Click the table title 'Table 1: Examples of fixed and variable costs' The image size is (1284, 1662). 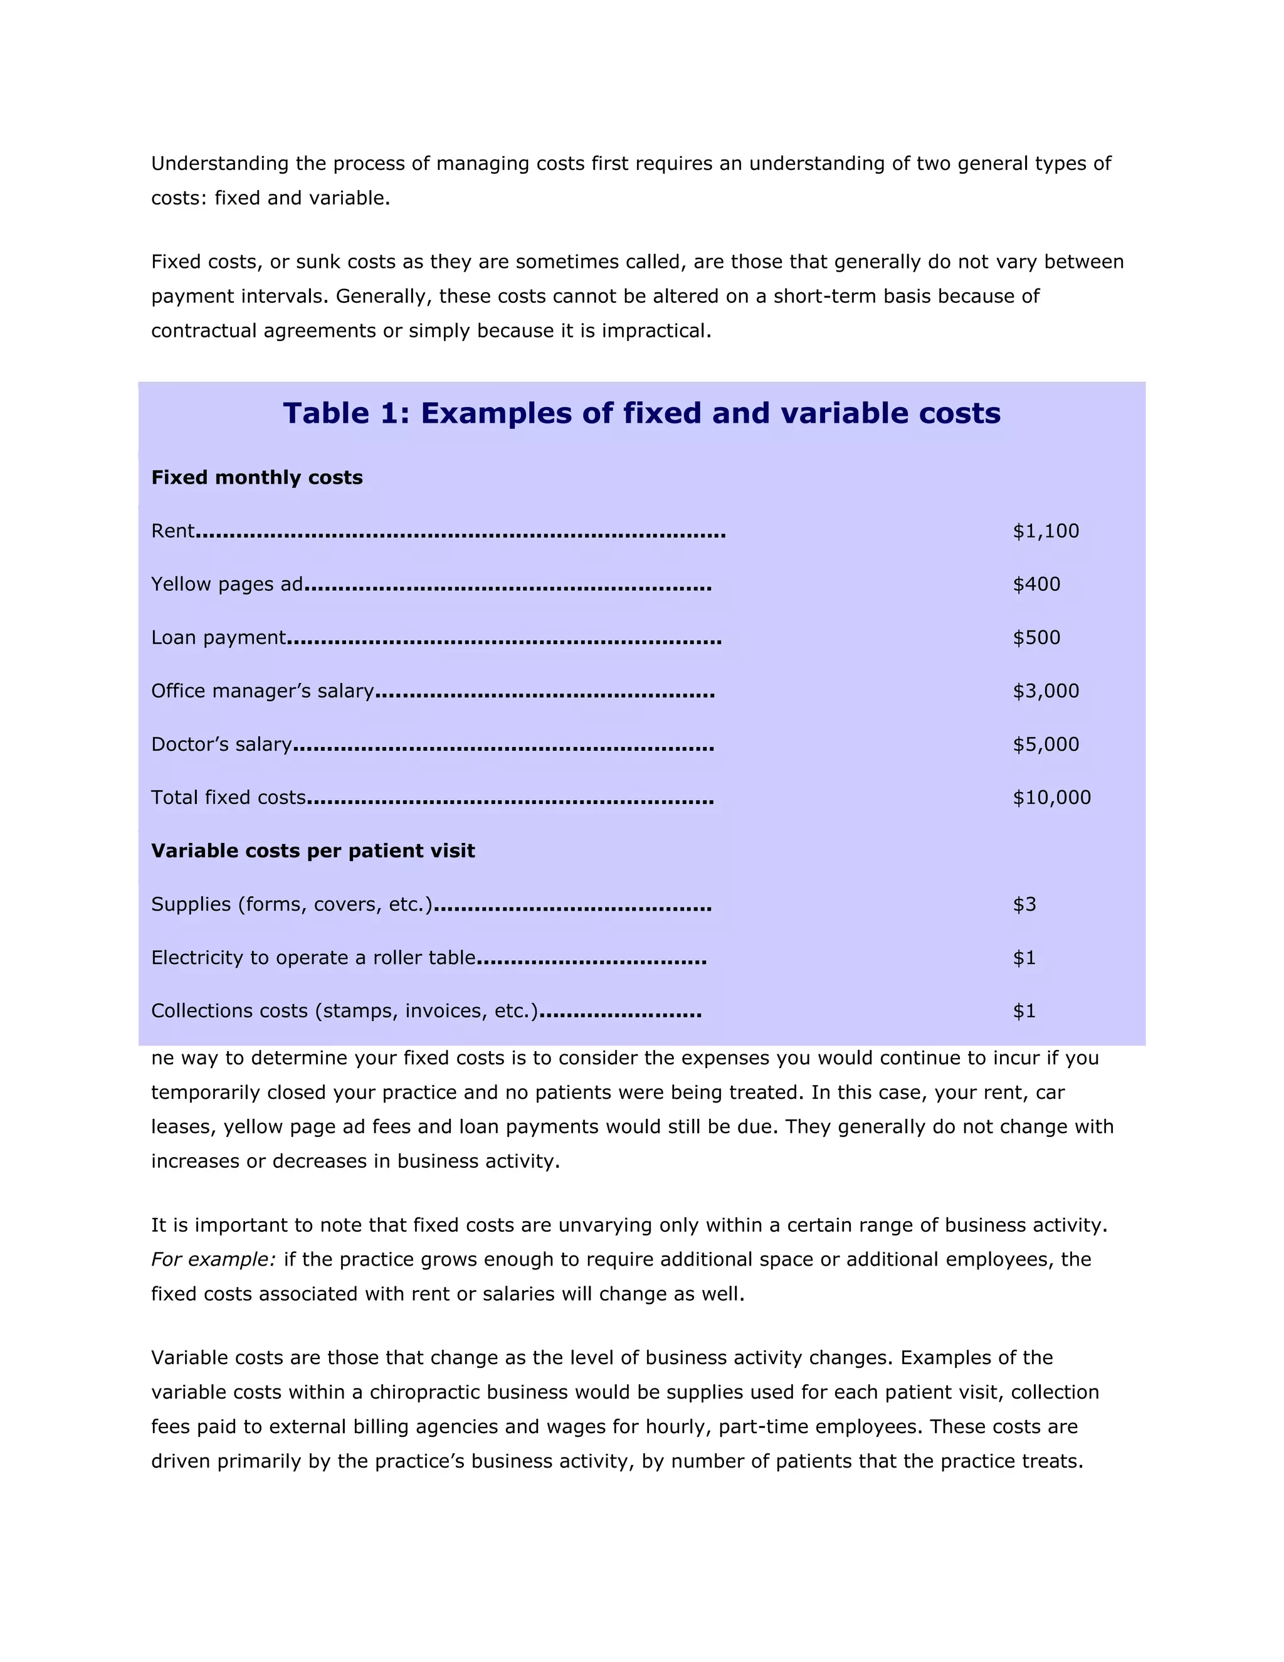(641, 413)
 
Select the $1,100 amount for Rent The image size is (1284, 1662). (1045, 531)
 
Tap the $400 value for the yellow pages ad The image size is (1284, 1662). (1036, 585)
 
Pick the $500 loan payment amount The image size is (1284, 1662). (1036, 638)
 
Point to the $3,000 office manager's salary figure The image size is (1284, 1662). (1045, 691)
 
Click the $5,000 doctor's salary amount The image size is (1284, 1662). (1045, 744)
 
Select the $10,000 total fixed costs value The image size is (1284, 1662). (1051, 798)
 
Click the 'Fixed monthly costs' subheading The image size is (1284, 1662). (256, 478)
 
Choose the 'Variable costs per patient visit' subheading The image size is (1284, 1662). (313, 851)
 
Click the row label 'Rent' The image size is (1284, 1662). (172, 531)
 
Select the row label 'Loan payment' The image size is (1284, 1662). (218, 638)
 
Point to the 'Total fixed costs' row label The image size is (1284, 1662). (228, 798)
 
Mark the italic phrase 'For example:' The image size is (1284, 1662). (213, 1259)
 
